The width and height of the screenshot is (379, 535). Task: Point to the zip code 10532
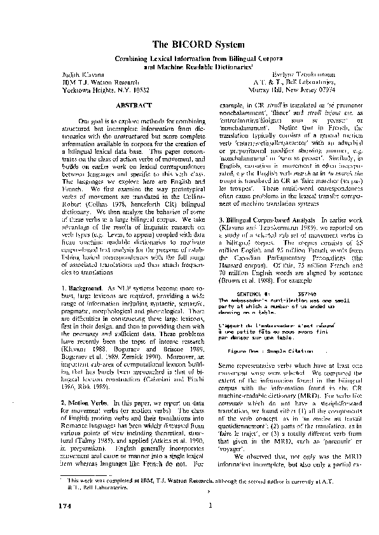(137, 90)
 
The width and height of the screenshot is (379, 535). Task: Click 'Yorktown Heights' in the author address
(88, 90)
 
